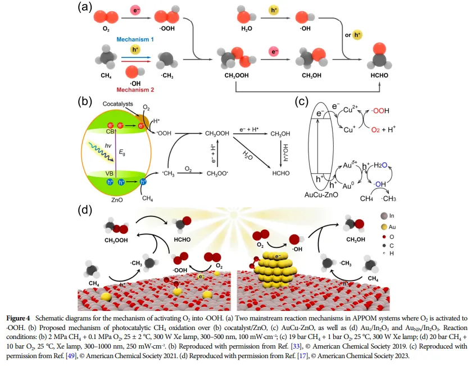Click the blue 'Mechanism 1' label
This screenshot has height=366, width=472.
click(x=135, y=39)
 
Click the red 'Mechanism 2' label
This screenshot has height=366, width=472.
click(x=135, y=90)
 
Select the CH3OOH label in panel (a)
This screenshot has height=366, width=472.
click(x=237, y=75)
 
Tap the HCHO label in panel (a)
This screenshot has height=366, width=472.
click(x=379, y=75)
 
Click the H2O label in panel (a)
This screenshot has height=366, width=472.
click(x=247, y=29)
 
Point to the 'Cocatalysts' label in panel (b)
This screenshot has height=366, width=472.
click(x=117, y=104)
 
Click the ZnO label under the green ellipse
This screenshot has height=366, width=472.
click(x=117, y=200)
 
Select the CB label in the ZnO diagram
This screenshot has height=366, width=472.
click(x=110, y=132)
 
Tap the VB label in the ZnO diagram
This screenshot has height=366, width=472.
click(x=109, y=174)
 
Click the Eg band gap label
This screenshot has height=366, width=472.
click(x=122, y=152)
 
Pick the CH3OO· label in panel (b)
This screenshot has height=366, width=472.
click(x=217, y=174)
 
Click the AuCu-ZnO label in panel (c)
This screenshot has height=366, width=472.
click(x=321, y=195)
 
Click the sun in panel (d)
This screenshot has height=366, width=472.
click(x=233, y=214)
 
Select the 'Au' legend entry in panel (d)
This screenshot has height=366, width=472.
click(x=388, y=227)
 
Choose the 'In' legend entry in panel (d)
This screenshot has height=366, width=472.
click(x=387, y=216)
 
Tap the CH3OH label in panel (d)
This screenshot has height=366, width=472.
click(x=356, y=240)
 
